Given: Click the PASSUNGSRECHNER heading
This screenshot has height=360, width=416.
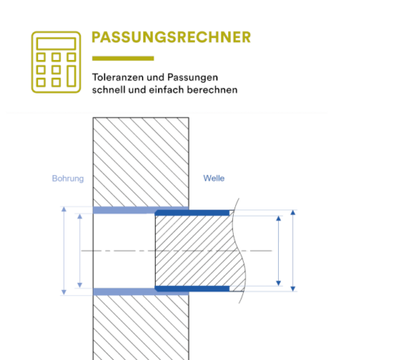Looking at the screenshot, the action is [171, 37].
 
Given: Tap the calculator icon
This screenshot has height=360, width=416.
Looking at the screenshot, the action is [56, 62].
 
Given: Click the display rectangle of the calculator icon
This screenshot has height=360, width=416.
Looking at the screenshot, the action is [56, 44].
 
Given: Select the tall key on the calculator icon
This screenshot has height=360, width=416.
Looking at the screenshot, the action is [72, 76].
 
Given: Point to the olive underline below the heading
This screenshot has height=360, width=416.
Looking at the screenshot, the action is [123, 58].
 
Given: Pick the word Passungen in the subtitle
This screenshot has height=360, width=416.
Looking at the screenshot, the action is [192, 77].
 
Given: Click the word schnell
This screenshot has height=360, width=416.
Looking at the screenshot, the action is [109, 90].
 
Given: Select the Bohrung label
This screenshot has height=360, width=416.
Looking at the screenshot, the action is [68, 178].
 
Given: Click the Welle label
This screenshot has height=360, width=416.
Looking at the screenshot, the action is [213, 178].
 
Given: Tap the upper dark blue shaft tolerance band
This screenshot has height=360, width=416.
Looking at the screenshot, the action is [192, 213].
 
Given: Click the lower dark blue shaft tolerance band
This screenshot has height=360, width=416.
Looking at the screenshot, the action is [192, 288].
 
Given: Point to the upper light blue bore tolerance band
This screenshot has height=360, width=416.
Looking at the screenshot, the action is [140, 210].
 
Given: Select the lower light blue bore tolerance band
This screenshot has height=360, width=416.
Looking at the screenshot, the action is [140, 291].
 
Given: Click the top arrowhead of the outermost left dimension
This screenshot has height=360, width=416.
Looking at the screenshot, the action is [64, 210].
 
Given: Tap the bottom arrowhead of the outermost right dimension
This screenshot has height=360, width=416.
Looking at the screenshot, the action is [293, 288].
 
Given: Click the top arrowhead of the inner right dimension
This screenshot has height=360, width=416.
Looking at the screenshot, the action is [278, 219].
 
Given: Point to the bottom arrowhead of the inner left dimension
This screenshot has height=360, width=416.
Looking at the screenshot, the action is [79, 285].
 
